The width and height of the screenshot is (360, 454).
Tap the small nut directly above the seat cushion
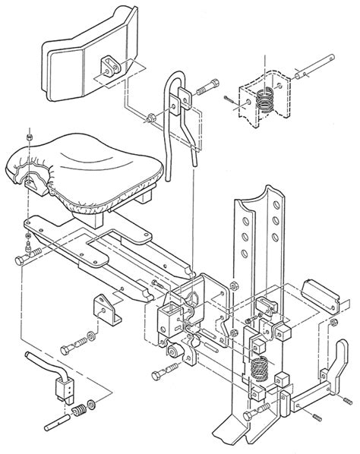click(28, 137)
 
